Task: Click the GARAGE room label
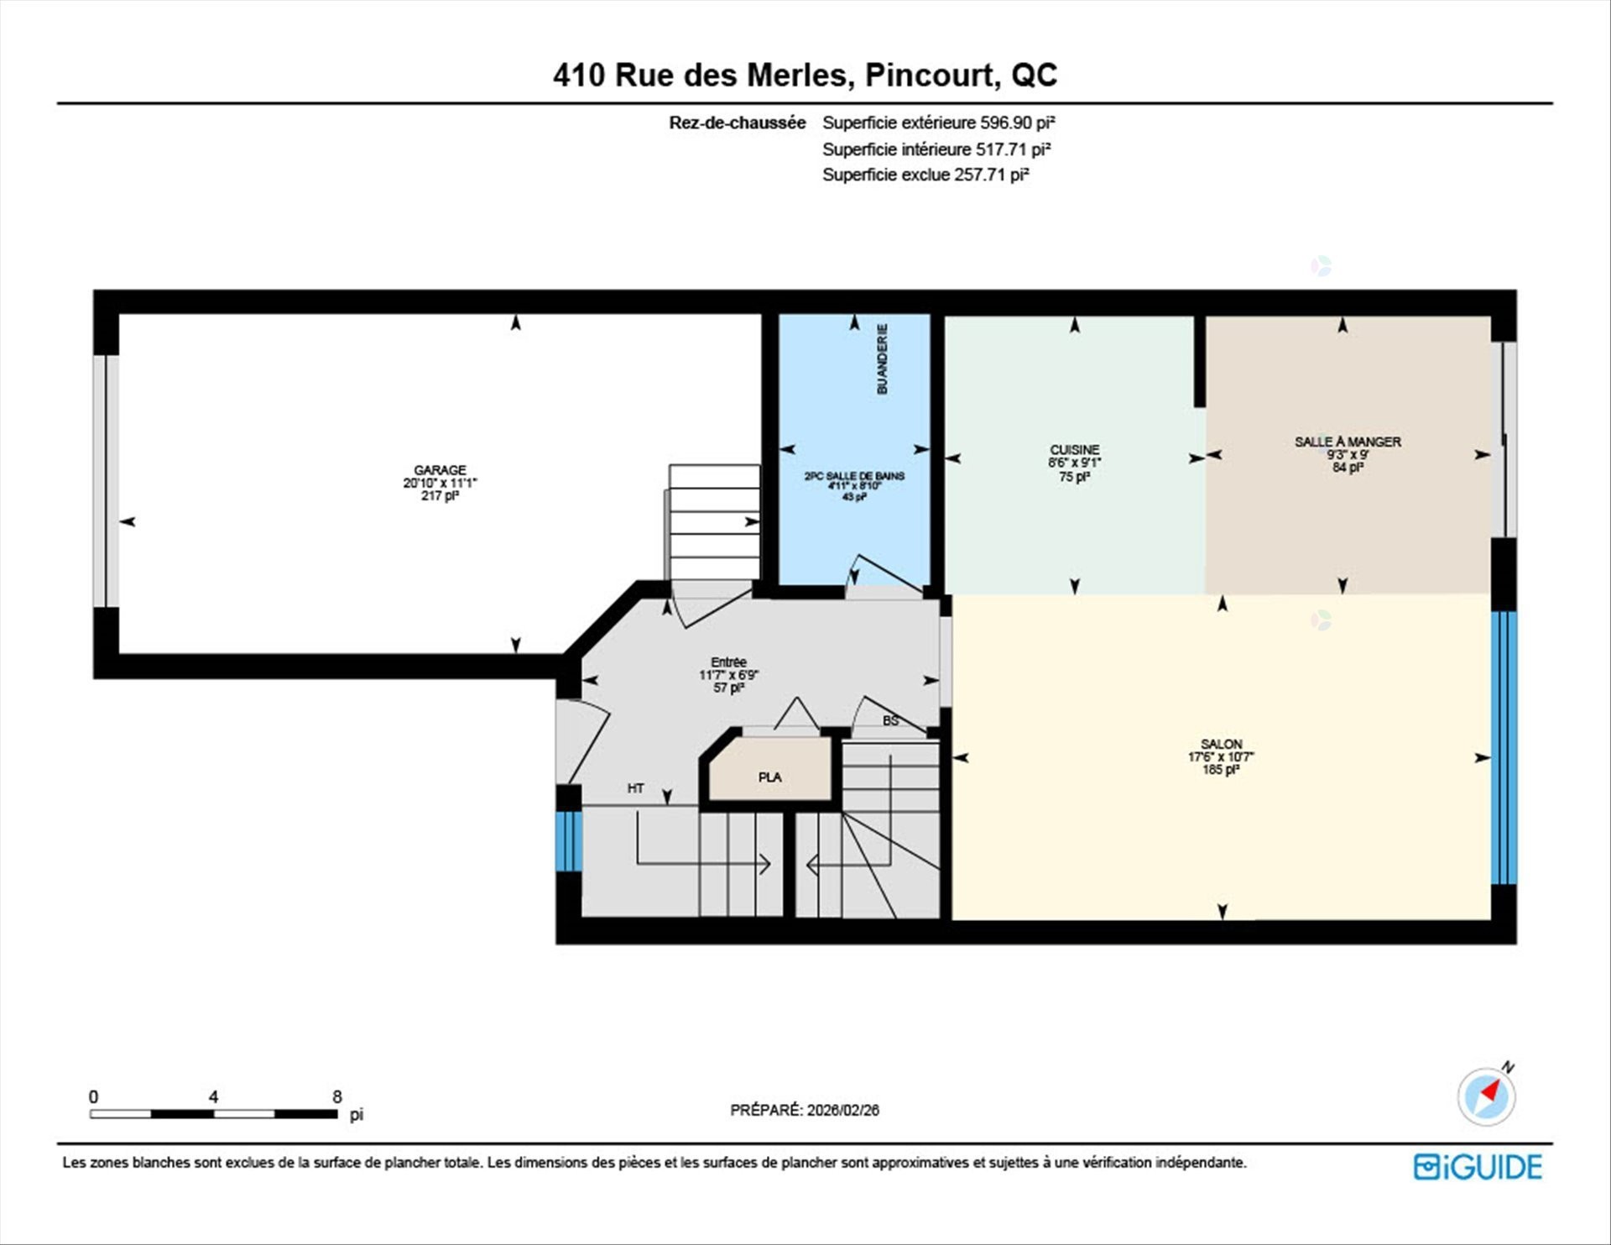point(440,470)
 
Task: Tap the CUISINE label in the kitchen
point(1074,450)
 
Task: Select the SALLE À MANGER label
point(1348,442)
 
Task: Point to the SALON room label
point(1221,744)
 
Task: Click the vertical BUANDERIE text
point(882,359)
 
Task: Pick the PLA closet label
point(769,777)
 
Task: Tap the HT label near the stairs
point(635,788)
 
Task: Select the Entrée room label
point(728,662)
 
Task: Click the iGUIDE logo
point(1478,1167)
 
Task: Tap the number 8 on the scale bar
point(337,1096)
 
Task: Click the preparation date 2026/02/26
point(843,1110)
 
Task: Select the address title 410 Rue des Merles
point(703,76)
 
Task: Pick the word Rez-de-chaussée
point(737,123)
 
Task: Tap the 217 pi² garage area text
point(440,496)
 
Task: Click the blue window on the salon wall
point(1504,748)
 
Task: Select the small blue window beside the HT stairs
point(569,841)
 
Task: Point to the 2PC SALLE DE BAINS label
point(854,476)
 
